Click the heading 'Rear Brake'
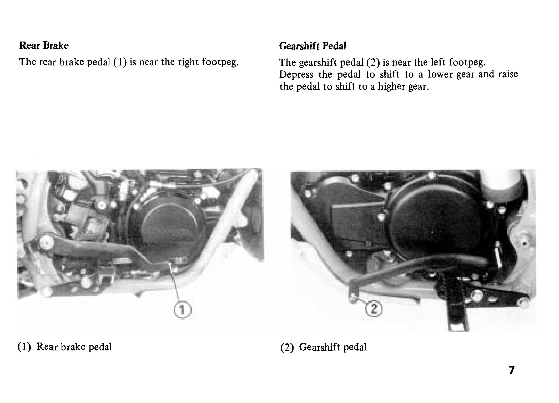[44, 45]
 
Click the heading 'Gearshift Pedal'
[313, 46]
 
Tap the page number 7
[511, 370]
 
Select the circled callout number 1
[183, 310]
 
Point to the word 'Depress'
[296, 75]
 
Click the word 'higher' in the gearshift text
[390, 87]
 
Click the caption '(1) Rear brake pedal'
[65, 347]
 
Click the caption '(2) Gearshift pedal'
[323, 347]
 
